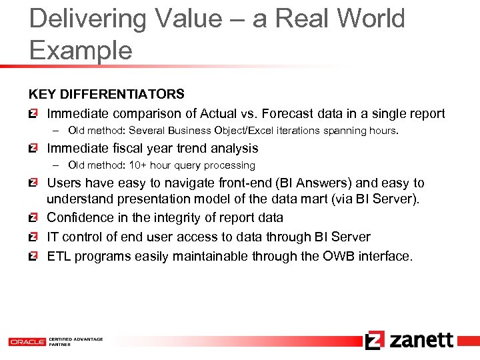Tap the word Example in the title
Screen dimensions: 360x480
pos(81,50)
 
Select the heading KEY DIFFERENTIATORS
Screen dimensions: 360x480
pos(106,95)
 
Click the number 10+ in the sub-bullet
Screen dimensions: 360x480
pos(156,165)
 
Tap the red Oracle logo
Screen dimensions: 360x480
pos(27,341)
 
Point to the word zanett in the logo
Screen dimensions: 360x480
pos(421,340)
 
